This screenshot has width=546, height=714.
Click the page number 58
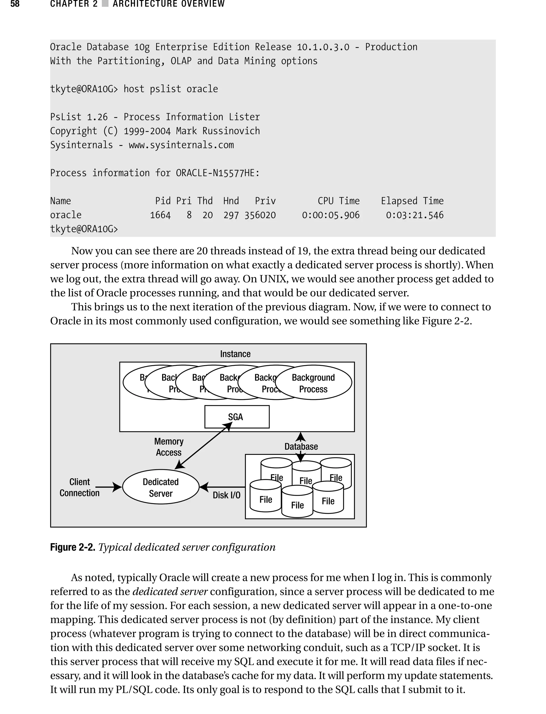pos(15,4)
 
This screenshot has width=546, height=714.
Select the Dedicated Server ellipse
pos(160,487)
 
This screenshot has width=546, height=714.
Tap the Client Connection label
pos(80,487)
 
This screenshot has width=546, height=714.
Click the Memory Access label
pos(169,447)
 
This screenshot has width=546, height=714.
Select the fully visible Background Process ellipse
pos(313,383)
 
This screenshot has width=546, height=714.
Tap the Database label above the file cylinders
pos(301,447)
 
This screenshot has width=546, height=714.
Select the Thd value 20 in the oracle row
pos(207,215)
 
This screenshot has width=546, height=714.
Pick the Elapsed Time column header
pos(412,201)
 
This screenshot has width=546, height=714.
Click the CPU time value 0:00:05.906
pos(331,215)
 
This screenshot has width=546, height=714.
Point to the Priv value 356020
pos(260,215)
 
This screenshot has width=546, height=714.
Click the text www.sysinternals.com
pos(181,145)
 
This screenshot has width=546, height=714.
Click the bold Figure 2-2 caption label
pos(73,547)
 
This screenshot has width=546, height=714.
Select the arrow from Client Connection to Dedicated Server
pos(109,487)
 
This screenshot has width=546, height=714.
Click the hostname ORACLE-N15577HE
pos(218,173)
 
